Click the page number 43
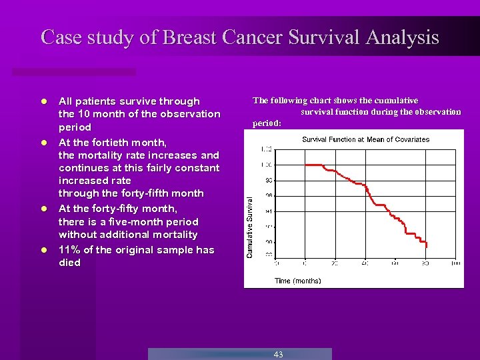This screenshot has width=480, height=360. tap(278, 354)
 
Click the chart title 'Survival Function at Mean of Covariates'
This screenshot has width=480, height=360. tap(365, 139)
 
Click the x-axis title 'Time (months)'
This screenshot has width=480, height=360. tap(297, 281)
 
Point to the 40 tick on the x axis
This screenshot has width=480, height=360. tap(365, 263)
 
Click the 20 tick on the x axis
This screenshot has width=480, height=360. tap(335, 263)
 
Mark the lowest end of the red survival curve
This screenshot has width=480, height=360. tap(427, 247)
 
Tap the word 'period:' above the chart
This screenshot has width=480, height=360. tap(267, 123)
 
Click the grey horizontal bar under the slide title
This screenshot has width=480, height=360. tap(74, 71)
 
